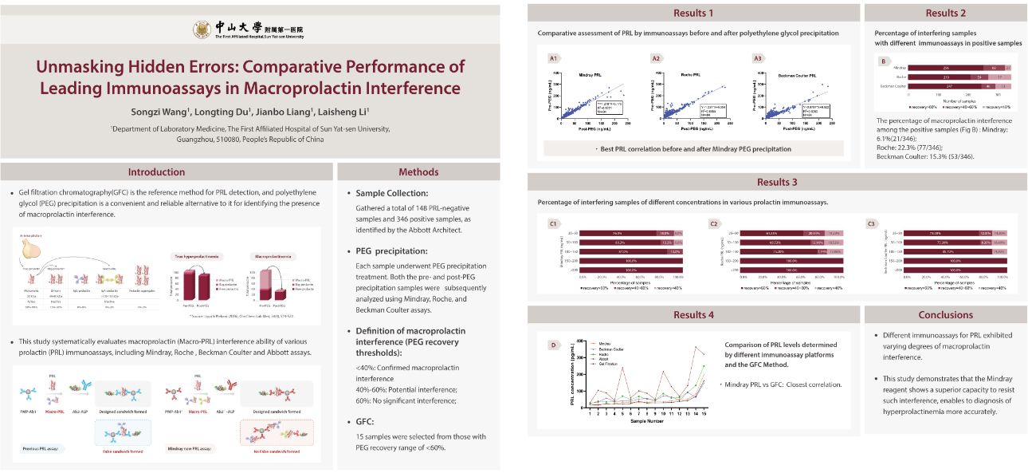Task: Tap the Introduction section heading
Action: [156, 171]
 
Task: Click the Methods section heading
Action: [418, 171]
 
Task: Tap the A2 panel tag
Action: [657, 58]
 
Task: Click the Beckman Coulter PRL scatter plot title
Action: [798, 75]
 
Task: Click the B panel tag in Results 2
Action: [883, 61]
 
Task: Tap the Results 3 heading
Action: [777, 182]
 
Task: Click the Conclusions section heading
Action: [945, 314]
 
